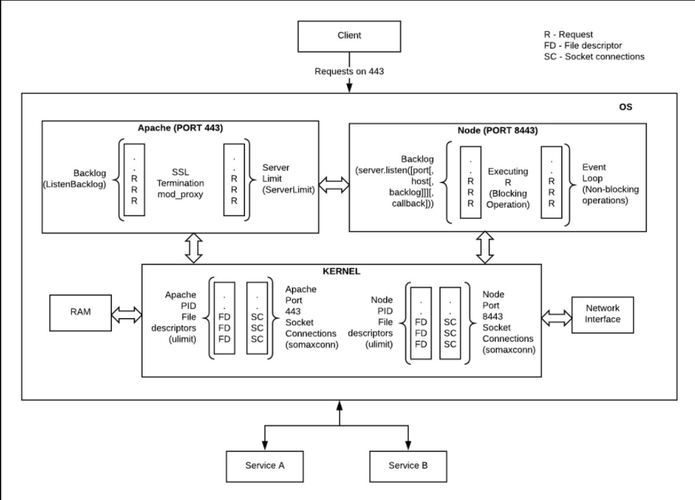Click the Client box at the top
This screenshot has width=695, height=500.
coord(349,35)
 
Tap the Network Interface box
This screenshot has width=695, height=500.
coord(603,315)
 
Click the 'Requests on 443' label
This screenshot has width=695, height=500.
coord(349,72)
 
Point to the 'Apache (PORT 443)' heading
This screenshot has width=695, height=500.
coord(180,127)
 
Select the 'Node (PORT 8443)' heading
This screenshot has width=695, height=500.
coord(498,131)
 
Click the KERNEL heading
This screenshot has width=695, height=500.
coord(341,271)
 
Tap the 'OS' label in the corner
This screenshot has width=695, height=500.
coord(626,107)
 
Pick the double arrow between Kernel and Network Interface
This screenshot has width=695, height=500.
coord(556,317)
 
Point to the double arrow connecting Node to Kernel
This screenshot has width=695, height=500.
coord(484,248)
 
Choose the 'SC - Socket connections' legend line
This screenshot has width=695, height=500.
coord(594,57)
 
